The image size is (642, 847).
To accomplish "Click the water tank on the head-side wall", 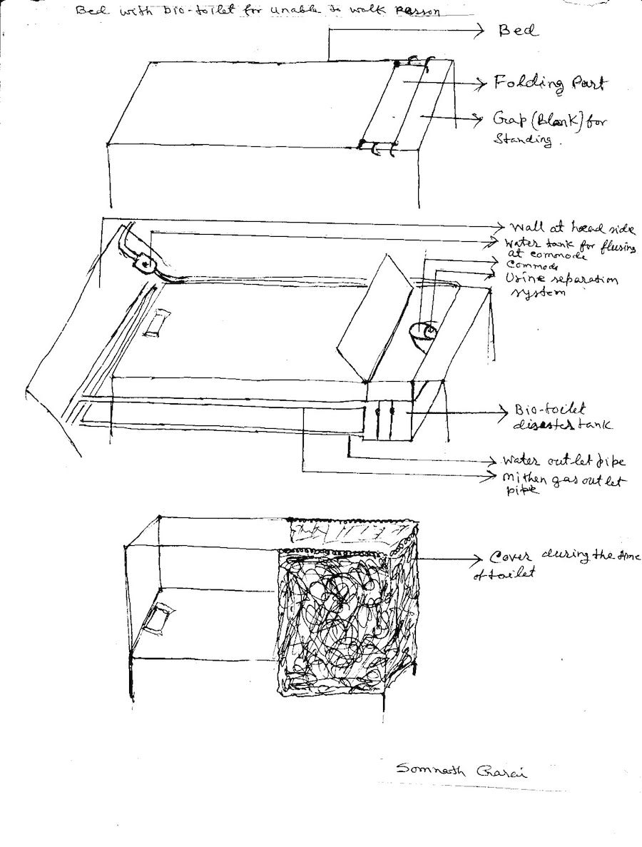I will point(146,265).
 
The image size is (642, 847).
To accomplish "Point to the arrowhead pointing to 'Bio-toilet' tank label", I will point(503,412).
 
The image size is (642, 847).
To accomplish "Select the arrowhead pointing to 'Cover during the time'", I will point(479,557).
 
